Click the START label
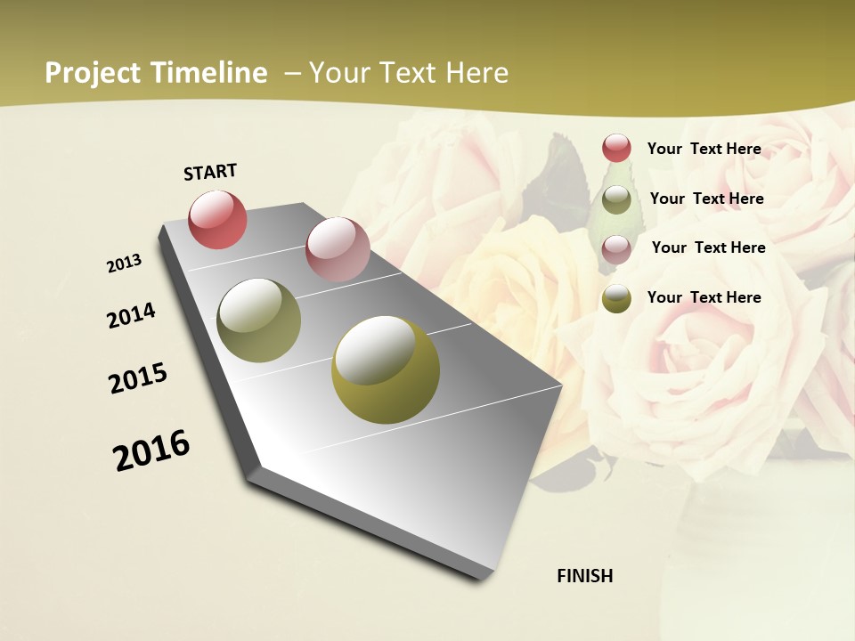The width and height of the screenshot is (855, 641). click(x=210, y=172)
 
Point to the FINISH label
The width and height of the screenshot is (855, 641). click(x=584, y=576)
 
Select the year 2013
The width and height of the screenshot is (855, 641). click(x=125, y=264)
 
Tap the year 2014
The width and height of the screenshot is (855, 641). click(x=131, y=315)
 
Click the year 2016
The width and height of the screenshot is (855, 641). click(x=151, y=450)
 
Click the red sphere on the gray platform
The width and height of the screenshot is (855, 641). click(x=218, y=219)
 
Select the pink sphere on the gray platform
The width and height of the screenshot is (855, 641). click(x=338, y=249)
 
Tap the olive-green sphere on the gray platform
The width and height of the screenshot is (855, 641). click(x=259, y=320)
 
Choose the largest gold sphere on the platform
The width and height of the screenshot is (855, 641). click(x=386, y=369)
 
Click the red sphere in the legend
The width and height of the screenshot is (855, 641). click(x=616, y=148)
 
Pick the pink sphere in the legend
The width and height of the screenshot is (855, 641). click(x=616, y=249)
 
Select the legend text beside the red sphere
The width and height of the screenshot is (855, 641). click(x=704, y=149)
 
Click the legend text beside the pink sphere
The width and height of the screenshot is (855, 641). click(x=708, y=247)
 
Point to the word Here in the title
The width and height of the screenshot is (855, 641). click(x=476, y=73)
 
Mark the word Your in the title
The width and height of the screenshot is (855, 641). click(x=338, y=73)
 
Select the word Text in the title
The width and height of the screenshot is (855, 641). click(x=406, y=73)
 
